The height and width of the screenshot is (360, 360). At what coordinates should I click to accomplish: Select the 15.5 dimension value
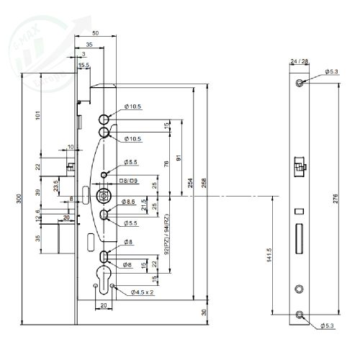[x=84, y=66]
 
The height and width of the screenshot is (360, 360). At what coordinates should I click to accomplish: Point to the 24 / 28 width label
[x=299, y=62]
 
